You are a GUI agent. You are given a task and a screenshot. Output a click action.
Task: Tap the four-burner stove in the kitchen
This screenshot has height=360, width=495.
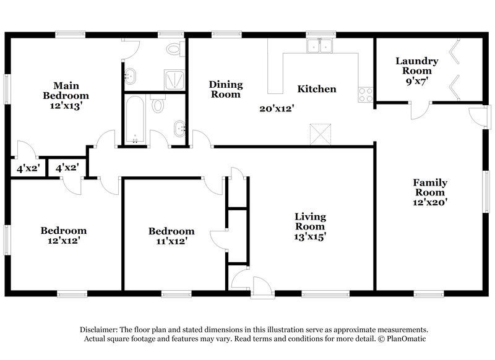pos(365,95)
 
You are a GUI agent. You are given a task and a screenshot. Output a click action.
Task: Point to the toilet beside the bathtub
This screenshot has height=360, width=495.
pos(158,105)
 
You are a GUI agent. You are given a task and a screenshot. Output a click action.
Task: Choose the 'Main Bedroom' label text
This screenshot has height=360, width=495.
pos(66,90)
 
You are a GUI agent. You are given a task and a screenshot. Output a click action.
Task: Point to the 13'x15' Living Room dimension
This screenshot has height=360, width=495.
pos(310,235)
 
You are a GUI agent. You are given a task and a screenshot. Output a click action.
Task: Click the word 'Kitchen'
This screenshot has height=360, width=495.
pos(317,89)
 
